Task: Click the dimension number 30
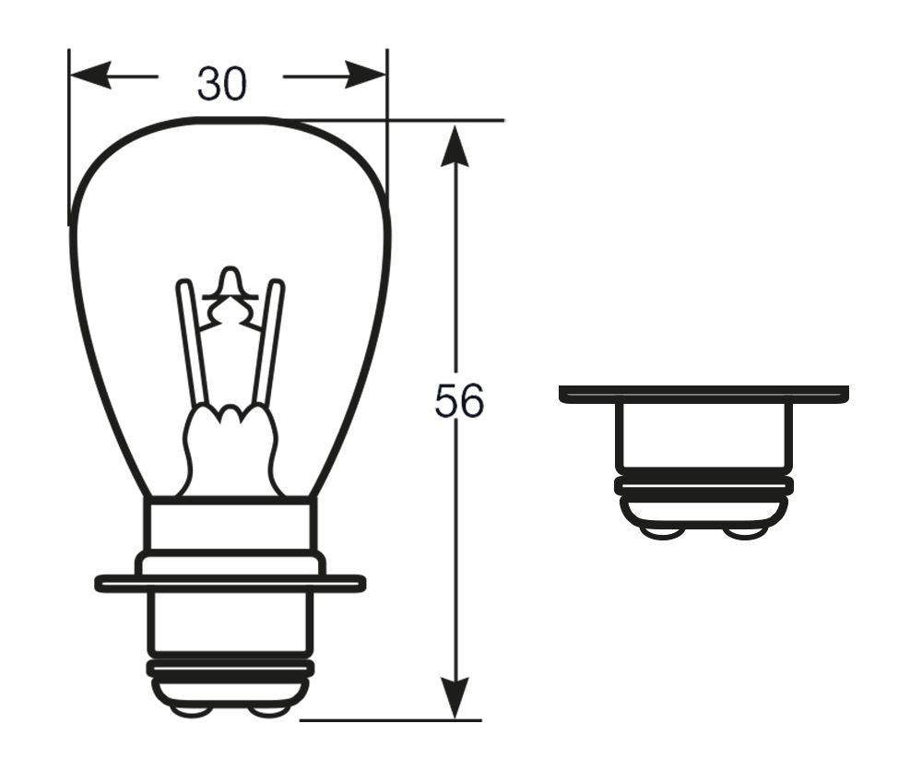[x=221, y=85]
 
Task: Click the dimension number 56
[x=459, y=402]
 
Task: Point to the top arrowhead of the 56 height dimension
[x=455, y=146]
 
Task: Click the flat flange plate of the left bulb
[x=230, y=583]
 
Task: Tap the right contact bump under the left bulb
[x=268, y=710]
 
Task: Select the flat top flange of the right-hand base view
[x=703, y=394]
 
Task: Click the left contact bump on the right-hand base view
[x=662, y=533]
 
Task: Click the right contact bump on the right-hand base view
[x=744, y=533]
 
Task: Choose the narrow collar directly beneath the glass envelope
[x=230, y=524]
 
